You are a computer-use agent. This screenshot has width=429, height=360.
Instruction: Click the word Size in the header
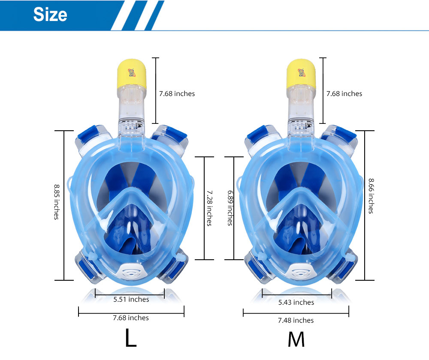pos(50,15)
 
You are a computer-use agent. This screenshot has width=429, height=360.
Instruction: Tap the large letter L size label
pos(131,337)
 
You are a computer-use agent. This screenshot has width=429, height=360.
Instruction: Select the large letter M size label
pos(296,339)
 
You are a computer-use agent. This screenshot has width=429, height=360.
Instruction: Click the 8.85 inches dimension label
pos(57,202)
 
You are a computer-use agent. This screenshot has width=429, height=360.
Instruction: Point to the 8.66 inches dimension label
pos(371,196)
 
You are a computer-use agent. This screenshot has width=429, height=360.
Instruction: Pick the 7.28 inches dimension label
pos(209,208)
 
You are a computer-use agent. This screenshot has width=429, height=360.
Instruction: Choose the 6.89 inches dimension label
pos(230,208)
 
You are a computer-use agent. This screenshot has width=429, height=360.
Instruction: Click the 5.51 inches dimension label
pos(131,299)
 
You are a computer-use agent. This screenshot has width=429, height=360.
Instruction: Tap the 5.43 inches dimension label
pos(296,302)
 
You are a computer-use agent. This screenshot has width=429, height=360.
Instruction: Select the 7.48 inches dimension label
pos(296,321)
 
